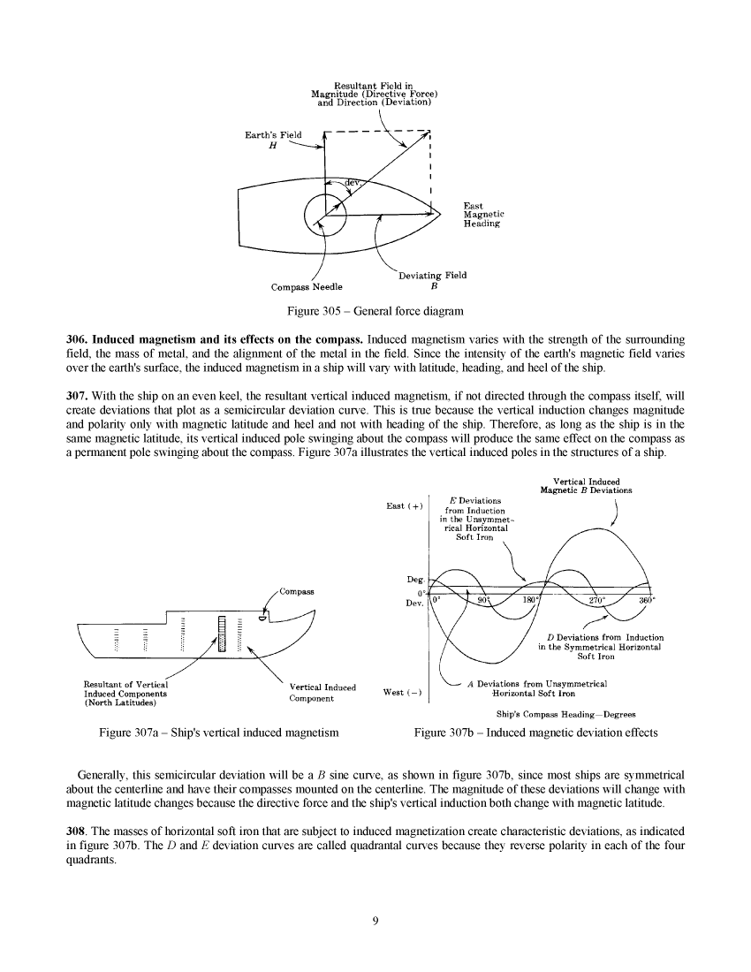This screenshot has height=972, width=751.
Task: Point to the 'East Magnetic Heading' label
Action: tap(483, 216)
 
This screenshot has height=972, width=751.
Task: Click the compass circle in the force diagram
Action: tap(324, 215)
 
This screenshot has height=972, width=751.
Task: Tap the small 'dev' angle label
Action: tap(351, 184)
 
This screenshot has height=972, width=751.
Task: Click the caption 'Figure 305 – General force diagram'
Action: tap(375, 311)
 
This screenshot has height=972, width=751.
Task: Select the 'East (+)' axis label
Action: tap(405, 506)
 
